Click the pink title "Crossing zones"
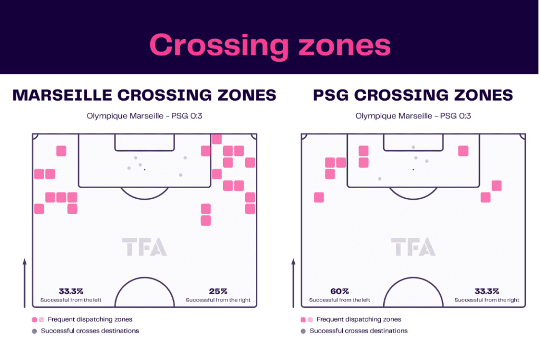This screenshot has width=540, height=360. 270,46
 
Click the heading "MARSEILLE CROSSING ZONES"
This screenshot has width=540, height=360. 144,95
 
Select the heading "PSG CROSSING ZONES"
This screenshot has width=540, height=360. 413,95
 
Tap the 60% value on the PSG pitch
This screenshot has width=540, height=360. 340,291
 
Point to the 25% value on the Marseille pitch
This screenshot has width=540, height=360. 218,291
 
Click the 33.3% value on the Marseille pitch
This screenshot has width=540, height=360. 71,291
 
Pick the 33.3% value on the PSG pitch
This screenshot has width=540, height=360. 487,291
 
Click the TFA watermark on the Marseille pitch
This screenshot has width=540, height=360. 144,247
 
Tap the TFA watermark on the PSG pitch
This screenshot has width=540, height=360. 413,247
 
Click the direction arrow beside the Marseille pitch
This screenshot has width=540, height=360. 24,283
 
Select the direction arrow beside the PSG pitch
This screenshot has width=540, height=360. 293,283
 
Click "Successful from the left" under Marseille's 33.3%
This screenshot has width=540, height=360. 71,300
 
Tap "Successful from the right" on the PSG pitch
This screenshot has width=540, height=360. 487,300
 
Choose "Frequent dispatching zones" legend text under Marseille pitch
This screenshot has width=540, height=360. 90,319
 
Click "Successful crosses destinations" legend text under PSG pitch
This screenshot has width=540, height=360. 359,330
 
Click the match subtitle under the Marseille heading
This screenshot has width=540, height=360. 144,116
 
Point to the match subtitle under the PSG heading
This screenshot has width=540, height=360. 413,116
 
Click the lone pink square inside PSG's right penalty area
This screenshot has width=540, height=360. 463,151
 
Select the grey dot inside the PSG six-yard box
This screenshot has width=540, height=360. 413,147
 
